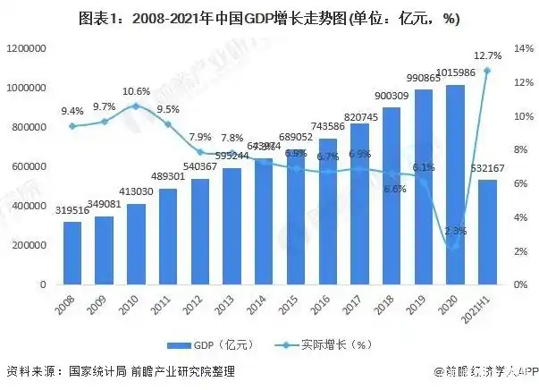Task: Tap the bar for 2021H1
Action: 486,232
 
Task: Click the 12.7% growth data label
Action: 488,55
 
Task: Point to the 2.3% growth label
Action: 456,231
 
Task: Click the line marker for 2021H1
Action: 487,71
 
